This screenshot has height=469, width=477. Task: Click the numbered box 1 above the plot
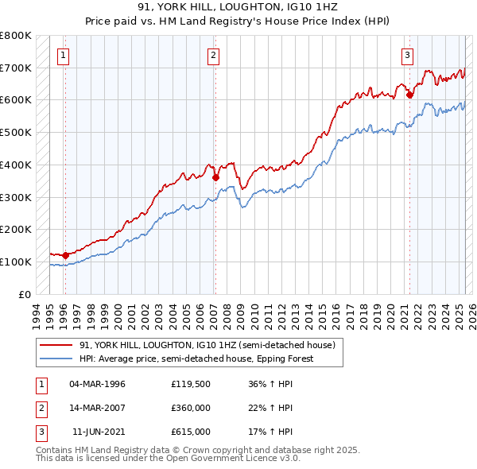point(63,55)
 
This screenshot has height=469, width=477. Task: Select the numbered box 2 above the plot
point(214,55)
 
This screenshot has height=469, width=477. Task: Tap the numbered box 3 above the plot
point(407,55)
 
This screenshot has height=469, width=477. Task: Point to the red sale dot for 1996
point(65,255)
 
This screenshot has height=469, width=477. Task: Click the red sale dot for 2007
point(215,177)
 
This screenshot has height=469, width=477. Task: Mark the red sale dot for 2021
point(410,95)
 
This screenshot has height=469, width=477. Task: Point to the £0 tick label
point(25,294)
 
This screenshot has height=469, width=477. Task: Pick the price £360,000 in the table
point(191,408)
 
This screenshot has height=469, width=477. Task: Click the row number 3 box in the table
point(41,432)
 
